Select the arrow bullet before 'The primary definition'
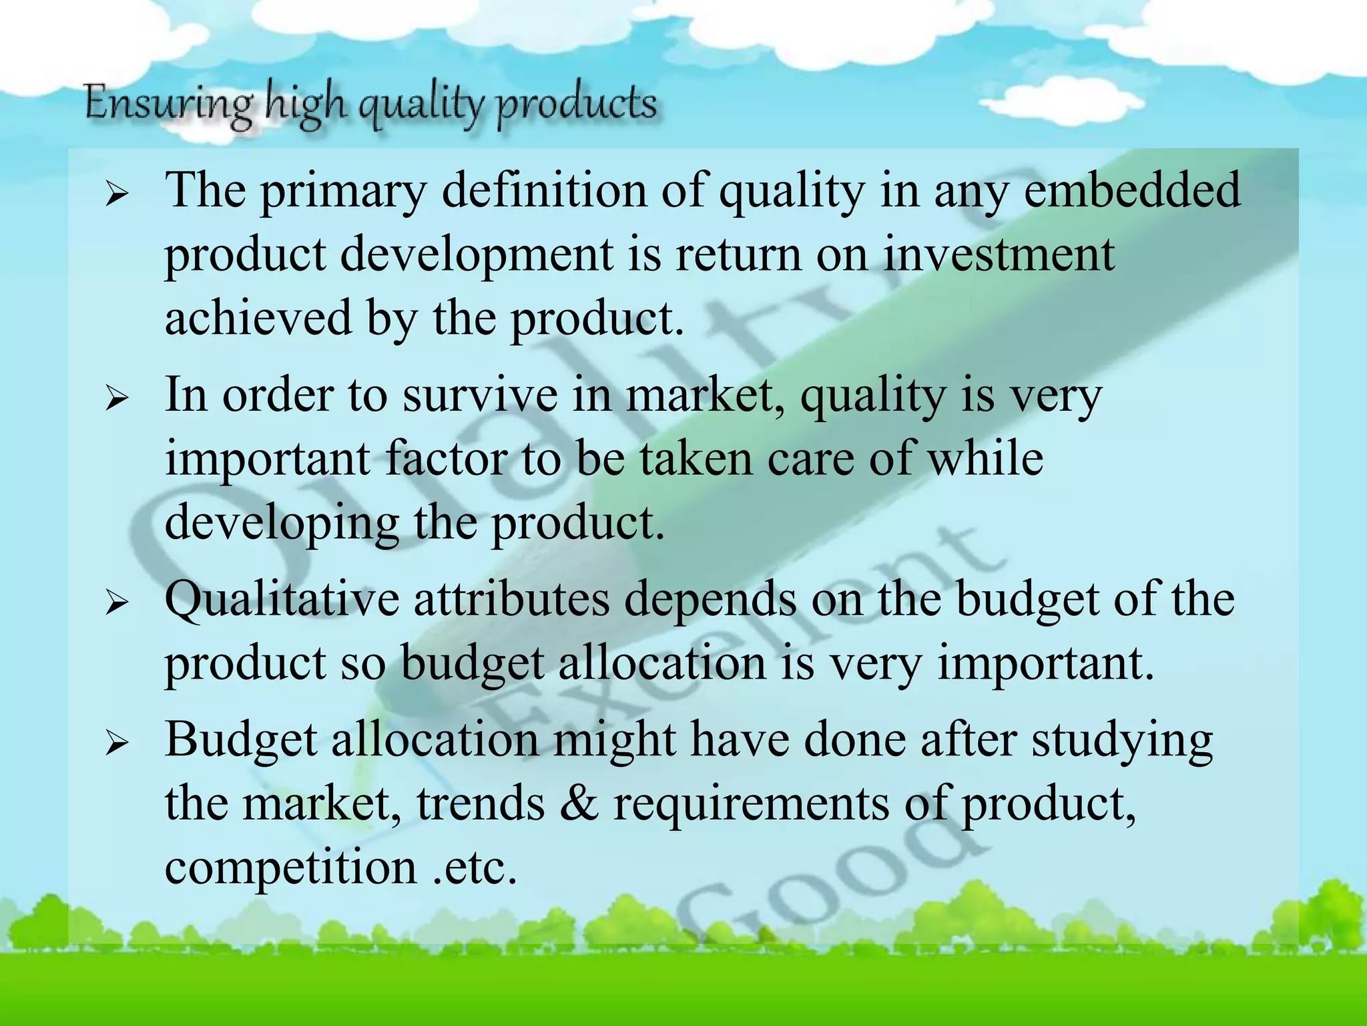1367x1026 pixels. (x=117, y=195)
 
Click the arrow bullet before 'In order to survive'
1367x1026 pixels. (x=117, y=399)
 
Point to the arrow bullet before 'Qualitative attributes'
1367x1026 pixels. (x=117, y=603)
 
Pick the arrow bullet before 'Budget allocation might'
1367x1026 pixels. (x=117, y=743)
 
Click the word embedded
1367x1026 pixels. (x=1132, y=190)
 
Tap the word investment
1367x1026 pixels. (x=999, y=255)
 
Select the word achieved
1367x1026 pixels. (x=258, y=318)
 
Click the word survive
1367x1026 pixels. (x=480, y=395)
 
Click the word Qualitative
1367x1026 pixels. (x=282, y=599)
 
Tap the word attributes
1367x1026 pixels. (x=511, y=599)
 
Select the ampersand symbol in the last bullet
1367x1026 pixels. (x=579, y=804)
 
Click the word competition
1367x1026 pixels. (x=290, y=868)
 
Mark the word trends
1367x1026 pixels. (x=481, y=804)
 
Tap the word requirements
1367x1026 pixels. (x=752, y=804)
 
